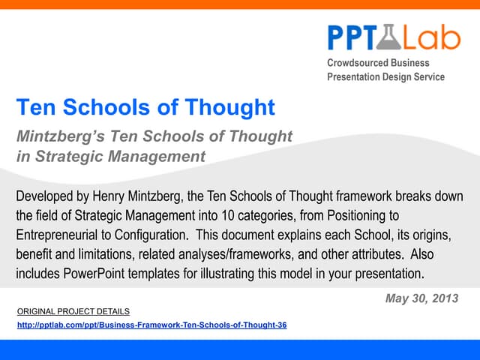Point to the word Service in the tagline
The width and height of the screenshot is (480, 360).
tap(424, 76)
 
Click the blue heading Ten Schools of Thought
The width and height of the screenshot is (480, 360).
tap(145, 107)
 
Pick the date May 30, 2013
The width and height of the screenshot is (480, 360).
tap(420, 298)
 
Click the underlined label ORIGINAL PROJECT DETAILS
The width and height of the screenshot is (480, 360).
tap(73, 310)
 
